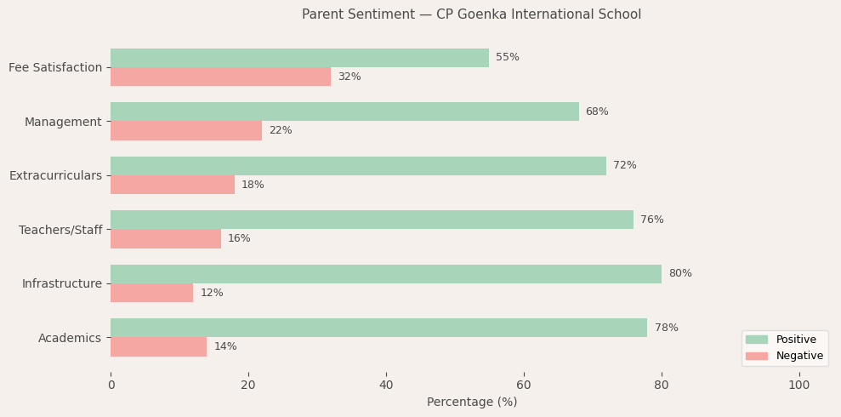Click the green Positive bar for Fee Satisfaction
tap(299, 58)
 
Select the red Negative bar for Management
tap(186, 131)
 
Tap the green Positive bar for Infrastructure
tap(386, 274)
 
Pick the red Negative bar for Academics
tap(158, 347)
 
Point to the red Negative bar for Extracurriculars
tap(173, 185)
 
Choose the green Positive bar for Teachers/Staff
tap(372, 220)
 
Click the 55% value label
tap(508, 58)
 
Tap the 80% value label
tap(680, 274)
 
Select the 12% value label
tap(212, 294)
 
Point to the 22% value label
tap(281, 131)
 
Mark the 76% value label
tap(652, 220)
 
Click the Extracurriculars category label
tap(55, 175)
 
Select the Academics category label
tap(70, 338)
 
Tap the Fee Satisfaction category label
tap(55, 67)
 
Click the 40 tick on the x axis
tap(386, 386)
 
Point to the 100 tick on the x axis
tap(799, 386)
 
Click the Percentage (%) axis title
tap(472, 403)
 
